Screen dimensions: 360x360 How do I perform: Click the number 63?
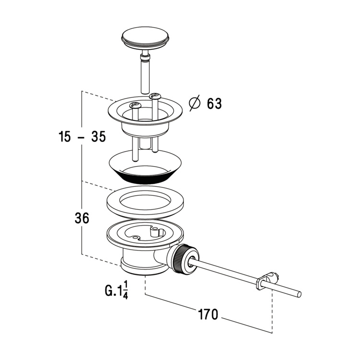214,104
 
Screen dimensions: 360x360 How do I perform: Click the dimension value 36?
82,218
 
